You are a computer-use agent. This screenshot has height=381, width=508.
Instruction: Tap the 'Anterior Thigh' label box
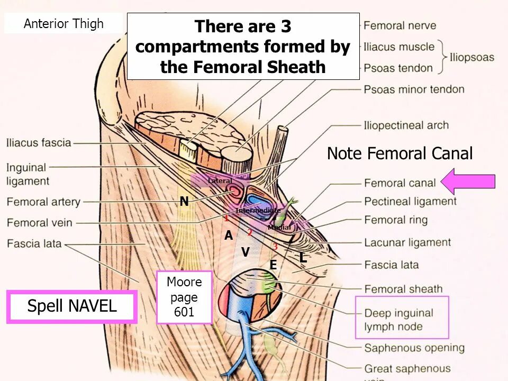pyautogui.click(x=63, y=24)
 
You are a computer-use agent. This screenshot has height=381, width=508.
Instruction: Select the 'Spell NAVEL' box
pyautogui.click(x=72, y=306)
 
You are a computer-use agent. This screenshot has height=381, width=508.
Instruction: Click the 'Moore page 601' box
pyautogui.click(x=184, y=297)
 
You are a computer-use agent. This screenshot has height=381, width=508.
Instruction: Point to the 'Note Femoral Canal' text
pyautogui.click(x=400, y=154)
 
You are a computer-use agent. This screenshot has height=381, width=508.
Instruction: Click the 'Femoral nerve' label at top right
pyautogui.click(x=400, y=25)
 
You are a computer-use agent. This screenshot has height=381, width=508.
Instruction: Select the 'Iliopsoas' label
pyautogui.click(x=472, y=57)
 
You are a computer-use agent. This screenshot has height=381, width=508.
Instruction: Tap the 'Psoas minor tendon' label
pyautogui.click(x=414, y=89)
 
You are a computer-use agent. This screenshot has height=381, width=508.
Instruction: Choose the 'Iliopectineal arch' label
pyautogui.click(x=406, y=126)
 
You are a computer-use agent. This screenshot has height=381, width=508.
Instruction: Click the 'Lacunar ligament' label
pyautogui.click(x=407, y=243)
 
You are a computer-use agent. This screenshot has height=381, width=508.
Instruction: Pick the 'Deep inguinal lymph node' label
pyautogui.click(x=398, y=320)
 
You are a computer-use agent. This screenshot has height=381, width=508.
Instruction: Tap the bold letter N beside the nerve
pyautogui.click(x=184, y=202)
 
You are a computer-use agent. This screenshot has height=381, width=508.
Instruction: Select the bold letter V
pyautogui.click(x=246, y=252)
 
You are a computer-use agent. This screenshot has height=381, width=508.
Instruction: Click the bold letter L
pyautogui.click(x=303, y=258)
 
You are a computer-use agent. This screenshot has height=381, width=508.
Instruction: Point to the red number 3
pyautogui.click(x=275, y=247)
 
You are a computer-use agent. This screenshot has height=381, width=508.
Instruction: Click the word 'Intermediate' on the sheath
pyautogui.click(x=258, y=211)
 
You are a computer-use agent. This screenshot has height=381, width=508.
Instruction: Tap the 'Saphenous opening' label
pyautogui.click(x=414, y=348)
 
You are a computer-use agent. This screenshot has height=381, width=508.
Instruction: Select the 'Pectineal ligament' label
pyautogui.click(x=410, y=202)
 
